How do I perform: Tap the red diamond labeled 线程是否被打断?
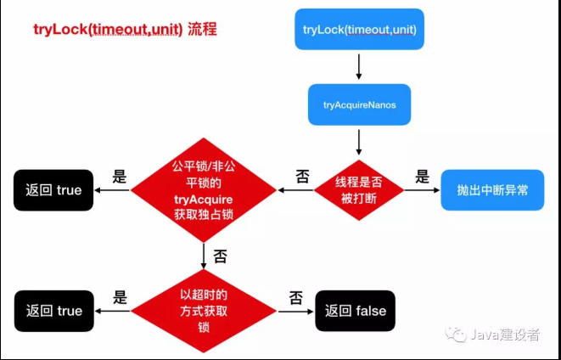click(359, 191)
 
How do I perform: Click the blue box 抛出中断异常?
click(492, 190)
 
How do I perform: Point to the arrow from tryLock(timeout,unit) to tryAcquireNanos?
click(360, 67)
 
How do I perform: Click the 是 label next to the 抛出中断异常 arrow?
click(422, 177)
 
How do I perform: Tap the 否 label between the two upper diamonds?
click(302, 177)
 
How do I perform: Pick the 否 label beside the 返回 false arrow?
click(295, 297)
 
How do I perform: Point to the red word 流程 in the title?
click(201, 29)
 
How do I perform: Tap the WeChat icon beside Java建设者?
click(459, 335)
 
